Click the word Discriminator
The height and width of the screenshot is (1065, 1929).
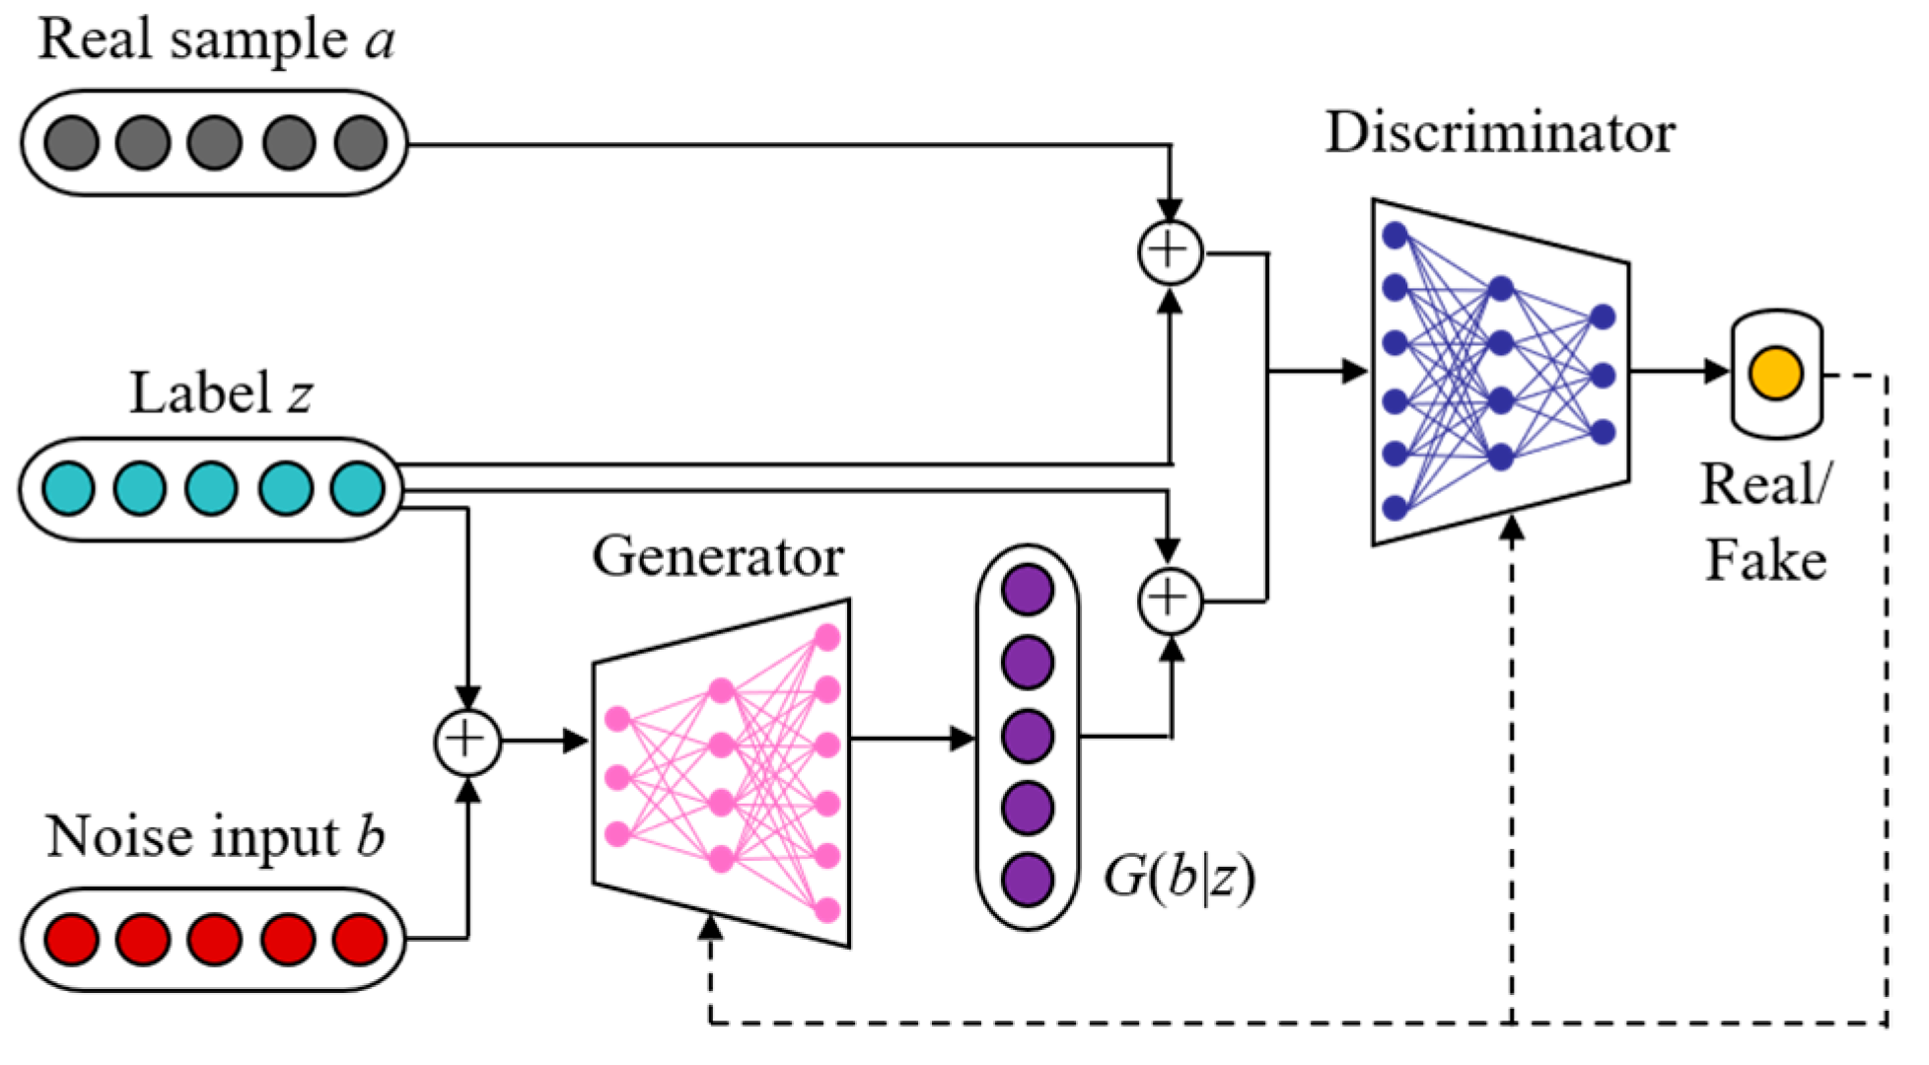click(x=1499, y=133)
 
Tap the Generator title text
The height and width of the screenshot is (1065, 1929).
click(x=717, y=557)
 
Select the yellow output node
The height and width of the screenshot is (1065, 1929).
click(x=1776, y=374)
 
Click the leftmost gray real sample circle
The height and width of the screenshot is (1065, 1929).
click(x=72, y=143)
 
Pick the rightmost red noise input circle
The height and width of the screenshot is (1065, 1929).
click(x=359, y=938)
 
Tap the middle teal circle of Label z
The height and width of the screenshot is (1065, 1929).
click(x=212, y=488)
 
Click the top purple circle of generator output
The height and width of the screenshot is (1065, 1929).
click(x=1028, y=590)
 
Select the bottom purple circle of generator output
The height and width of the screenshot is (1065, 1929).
click(x=1028, y=880)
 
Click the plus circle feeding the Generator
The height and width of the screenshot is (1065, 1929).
click(x=467, y=741)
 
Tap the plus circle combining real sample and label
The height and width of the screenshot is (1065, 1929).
click(x=1170, y=252)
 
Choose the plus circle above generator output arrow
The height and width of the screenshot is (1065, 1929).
click(x=1170, y=600)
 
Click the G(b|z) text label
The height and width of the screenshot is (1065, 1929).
click(x=1179, y=876)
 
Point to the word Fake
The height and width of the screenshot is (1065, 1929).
click(x=1765, y=561)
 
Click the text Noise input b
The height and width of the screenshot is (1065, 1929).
click(x=215, y=838)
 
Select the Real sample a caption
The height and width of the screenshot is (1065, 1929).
click(x=215, y=41)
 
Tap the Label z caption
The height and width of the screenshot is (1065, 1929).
click(x=221, y=393)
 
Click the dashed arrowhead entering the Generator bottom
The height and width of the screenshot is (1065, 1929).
click(x=710, y=927)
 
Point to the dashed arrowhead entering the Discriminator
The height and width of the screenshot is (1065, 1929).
click(x=1512, y=529)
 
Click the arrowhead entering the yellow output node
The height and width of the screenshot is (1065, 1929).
click(x=1717, y=372)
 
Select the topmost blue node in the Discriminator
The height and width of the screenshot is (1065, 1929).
click(x=1394, y=235)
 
